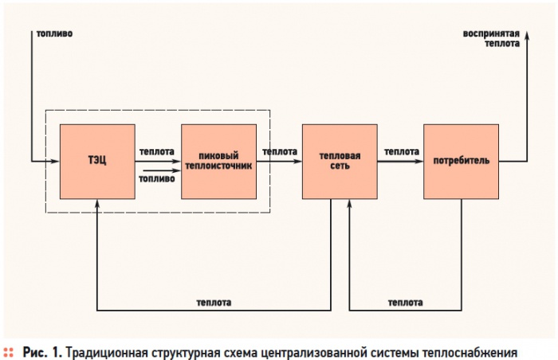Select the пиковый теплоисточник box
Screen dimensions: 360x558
[218, 161]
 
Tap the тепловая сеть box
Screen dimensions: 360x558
[340, 161]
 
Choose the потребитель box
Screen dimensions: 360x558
[461, 161]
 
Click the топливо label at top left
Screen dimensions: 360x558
[54, 34]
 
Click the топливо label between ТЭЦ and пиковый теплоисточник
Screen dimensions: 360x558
[156, 179]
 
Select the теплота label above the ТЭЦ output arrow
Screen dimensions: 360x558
[156, 151]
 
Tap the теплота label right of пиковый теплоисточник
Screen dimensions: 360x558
[280, 151]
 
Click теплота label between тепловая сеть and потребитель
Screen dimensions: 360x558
[402, 151]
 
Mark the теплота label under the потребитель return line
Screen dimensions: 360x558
[405, 303]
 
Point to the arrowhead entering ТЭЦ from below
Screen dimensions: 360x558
[96, 203]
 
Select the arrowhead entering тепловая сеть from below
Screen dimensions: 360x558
[349, 203]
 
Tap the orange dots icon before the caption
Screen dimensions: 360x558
[10, 350]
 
